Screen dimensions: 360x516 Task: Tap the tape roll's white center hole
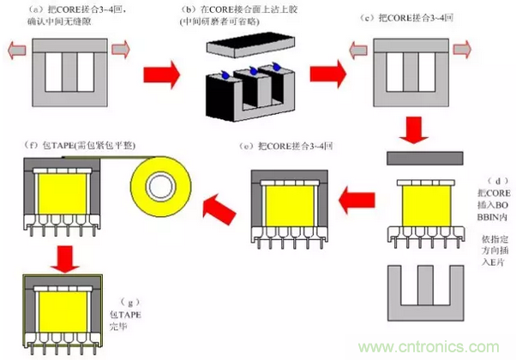click(x=159, y=188)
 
